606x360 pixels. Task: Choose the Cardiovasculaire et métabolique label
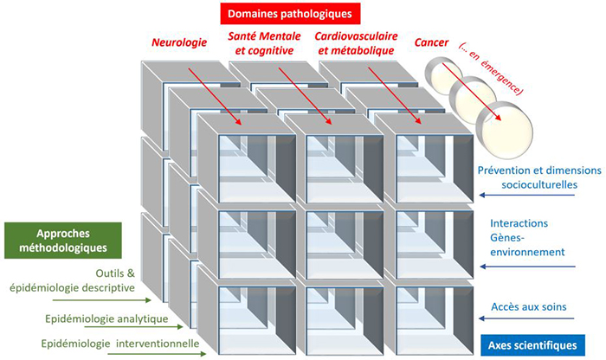352,44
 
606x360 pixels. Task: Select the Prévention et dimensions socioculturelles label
538,177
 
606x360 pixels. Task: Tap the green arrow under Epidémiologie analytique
164,327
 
